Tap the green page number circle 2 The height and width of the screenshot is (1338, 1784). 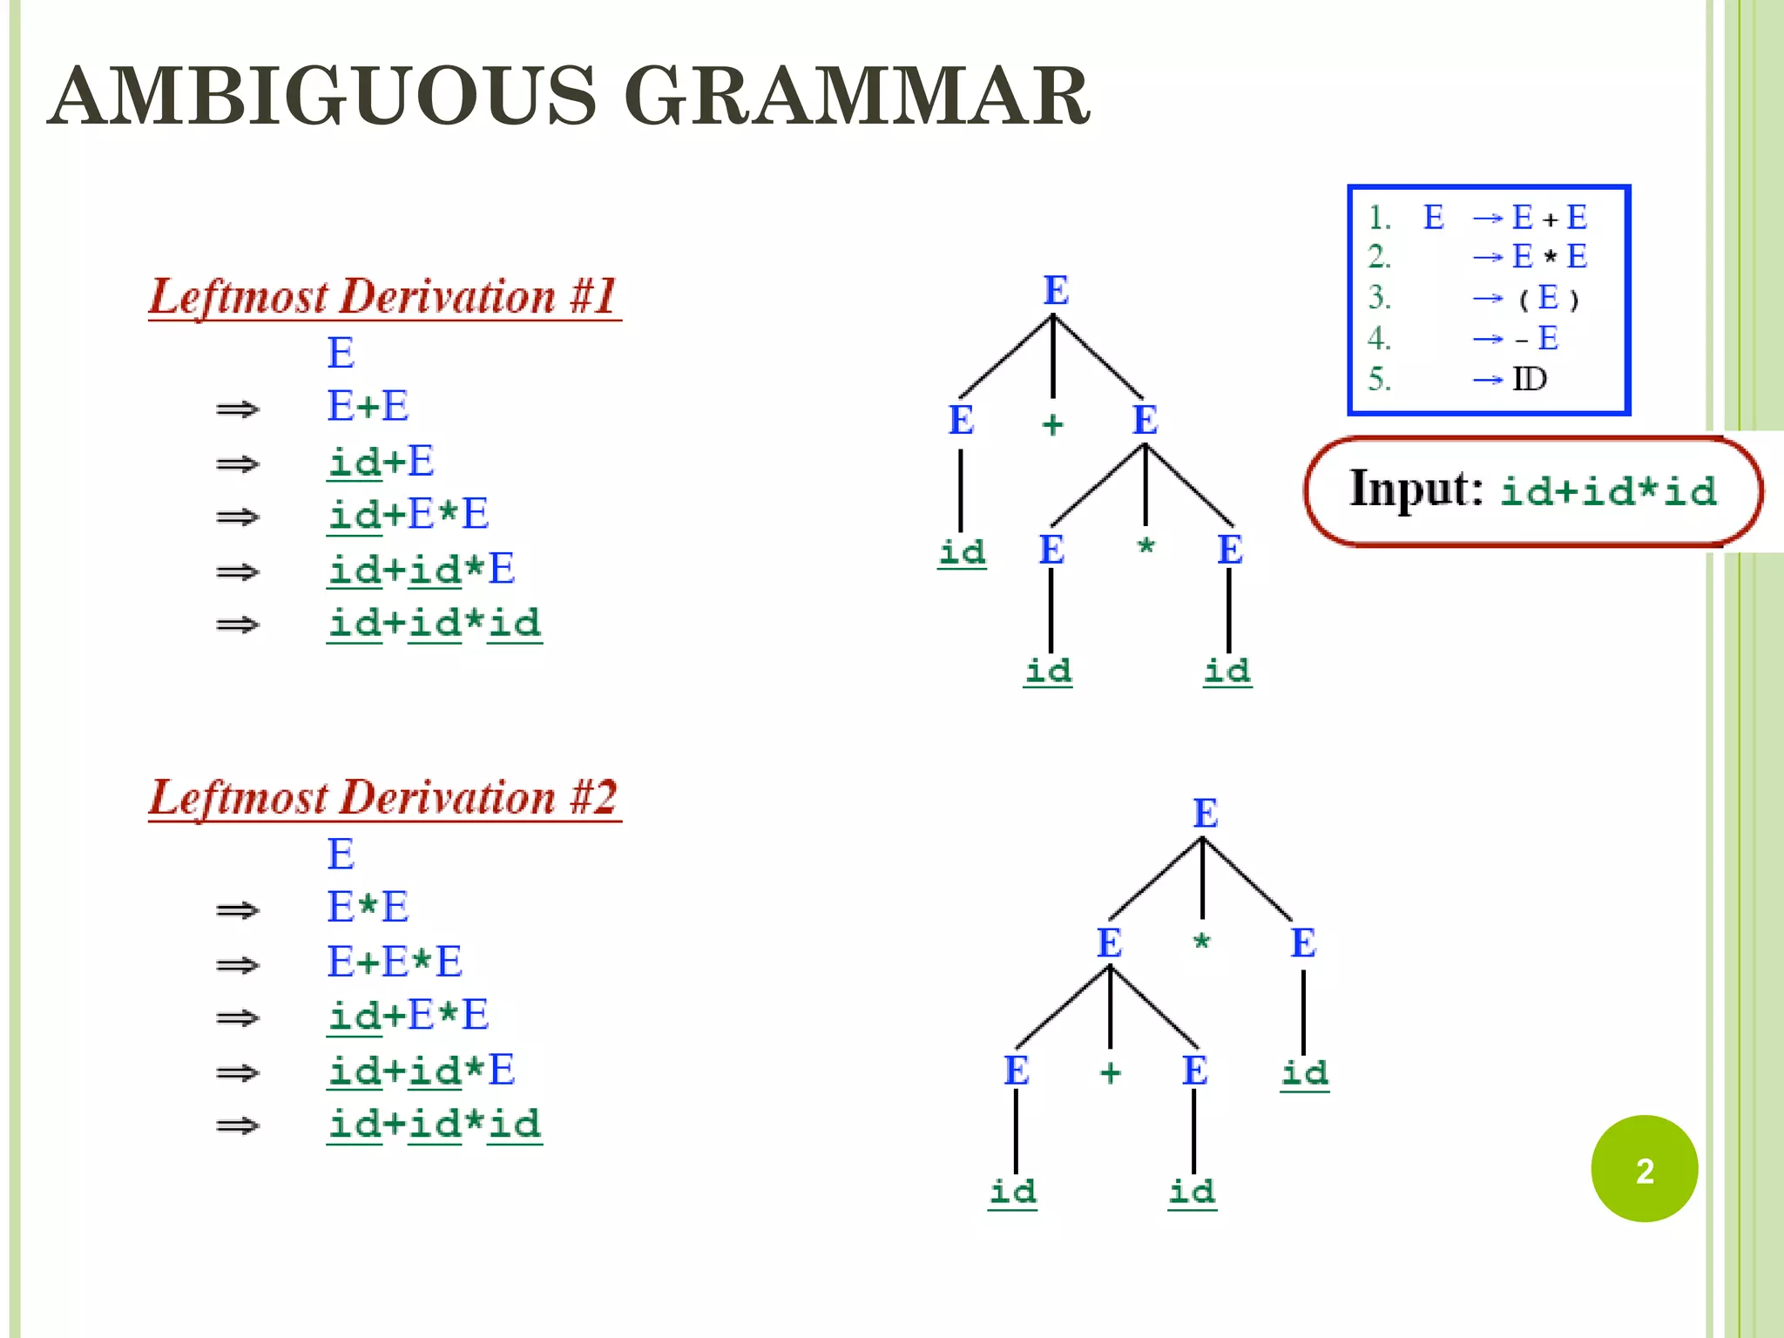(1644, 1169)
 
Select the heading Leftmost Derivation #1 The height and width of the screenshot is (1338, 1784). (383, 296)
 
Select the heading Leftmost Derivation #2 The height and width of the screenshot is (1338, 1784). (383, 797)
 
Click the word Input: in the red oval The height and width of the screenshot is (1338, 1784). (1416, 489)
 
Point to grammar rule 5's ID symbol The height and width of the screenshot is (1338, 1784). (1530, 379)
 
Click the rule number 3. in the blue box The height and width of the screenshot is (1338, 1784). (1380, 298)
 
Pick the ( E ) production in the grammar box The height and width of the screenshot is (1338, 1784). (1548, 298)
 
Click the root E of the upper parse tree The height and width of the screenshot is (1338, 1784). (1056, 290)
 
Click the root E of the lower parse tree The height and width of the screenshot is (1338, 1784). (1205, 814)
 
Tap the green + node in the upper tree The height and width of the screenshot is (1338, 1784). (1053, 424)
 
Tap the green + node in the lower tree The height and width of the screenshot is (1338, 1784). (1110, 1072)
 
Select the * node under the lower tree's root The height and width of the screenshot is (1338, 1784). (1202, 942)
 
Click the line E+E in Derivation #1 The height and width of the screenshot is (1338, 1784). (368, 407)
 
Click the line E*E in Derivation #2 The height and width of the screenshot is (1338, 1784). (368, 908)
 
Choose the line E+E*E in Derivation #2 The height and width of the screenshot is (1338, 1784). (395, 963)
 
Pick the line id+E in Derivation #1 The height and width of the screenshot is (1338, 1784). (381, 462)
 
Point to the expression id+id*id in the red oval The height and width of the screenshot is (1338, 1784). (1608, 491)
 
